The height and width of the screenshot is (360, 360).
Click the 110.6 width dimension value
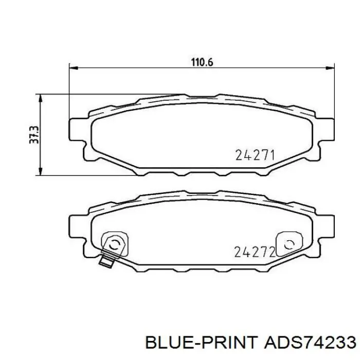click(202, 62)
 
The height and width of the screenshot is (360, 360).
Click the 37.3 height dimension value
click(34, 135)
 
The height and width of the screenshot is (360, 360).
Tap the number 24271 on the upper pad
click(255, 155)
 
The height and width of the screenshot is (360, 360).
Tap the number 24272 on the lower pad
click(255, 252)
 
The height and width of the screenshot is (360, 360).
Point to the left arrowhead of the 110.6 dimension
click(74, 68)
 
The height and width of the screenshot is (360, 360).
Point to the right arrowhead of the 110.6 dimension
click(330, 68)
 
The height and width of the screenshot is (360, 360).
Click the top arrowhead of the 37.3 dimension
click(41, 99)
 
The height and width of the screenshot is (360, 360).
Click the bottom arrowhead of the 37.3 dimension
click(41, 171)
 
